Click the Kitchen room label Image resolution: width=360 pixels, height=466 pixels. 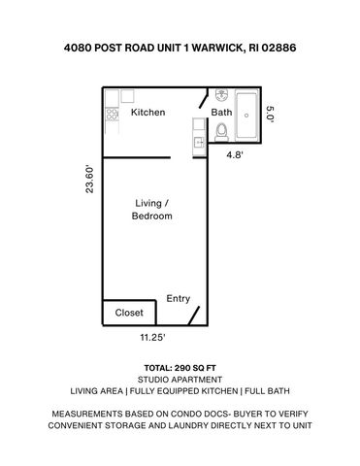point(148,113)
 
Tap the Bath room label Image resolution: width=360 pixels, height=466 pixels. point(222,113)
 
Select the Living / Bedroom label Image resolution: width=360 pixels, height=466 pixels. point(151,210)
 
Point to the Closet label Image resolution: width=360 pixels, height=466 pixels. point(129,314)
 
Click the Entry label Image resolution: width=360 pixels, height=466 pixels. point(179,299)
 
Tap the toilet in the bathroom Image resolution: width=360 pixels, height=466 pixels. point(221,131)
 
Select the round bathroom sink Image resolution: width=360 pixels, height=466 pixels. point(221,96)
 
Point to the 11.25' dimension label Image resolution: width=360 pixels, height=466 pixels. point(151,339)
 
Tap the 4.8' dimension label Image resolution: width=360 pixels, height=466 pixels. point(236,153)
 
